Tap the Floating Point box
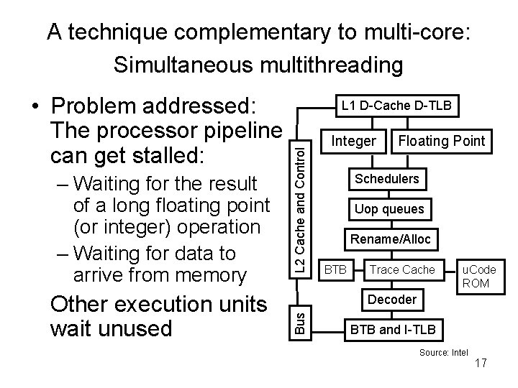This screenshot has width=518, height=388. pyautogui.click(x=442, y=141)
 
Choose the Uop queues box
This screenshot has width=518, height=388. pyautogui.click(x=389, y=209)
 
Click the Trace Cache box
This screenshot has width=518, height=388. pyautogui.click(x=402, y=269)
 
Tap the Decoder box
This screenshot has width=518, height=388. pyautogui.click(x=391, y=299)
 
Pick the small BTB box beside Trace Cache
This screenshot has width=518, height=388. pyautogui.click(x=335, y=269)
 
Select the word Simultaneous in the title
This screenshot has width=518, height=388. pyautogui.click(x=190, y=65)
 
